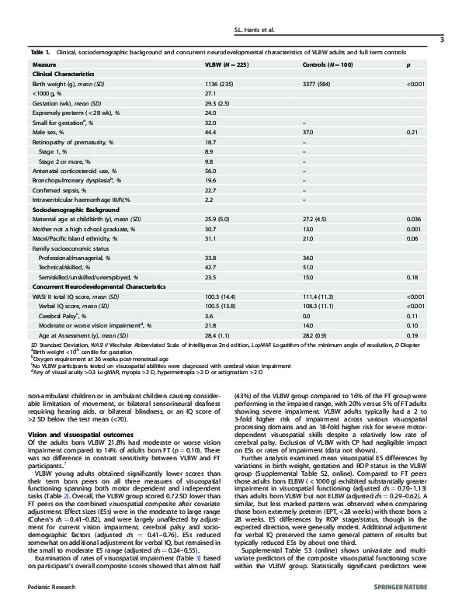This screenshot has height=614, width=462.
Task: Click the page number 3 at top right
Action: tap(442, 40)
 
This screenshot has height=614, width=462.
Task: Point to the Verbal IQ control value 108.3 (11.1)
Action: tap(318, 304)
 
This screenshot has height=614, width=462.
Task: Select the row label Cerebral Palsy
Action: tap(65, 314)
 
